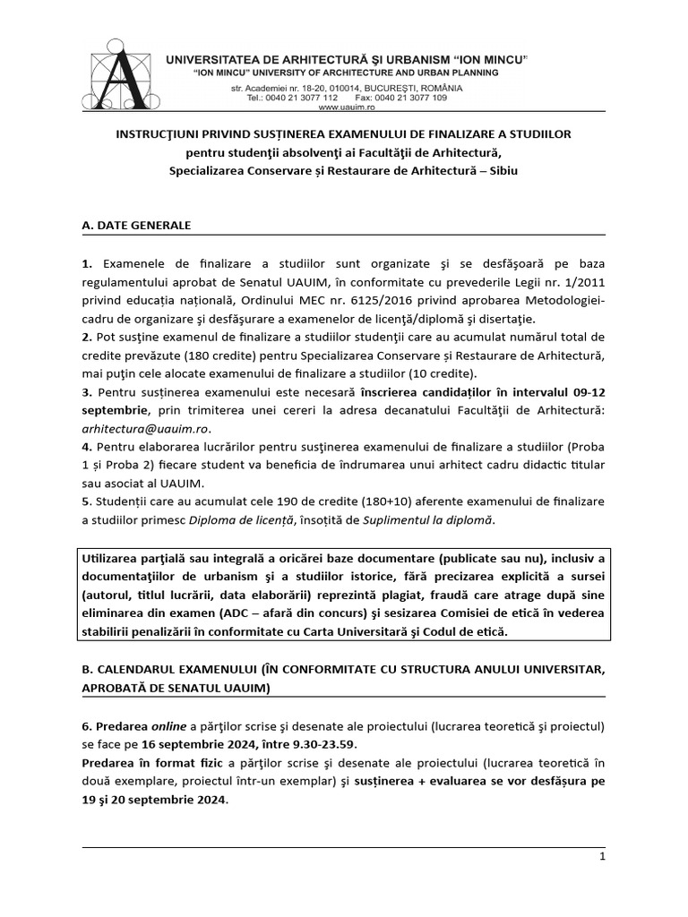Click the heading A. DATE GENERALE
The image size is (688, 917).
pyautogui.click(x=136, y=225)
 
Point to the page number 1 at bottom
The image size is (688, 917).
pyautogui.click(x=603, y=857)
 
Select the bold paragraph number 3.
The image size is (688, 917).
pyautogui.click(x=86, y=392)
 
